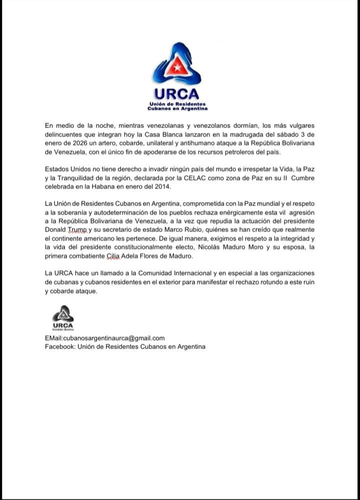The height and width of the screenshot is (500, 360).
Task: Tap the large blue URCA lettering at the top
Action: [x=176, y=93]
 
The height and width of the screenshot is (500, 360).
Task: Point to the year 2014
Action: [x=160, y=186]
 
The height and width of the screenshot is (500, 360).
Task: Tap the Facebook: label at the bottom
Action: [x=59, y=347]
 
